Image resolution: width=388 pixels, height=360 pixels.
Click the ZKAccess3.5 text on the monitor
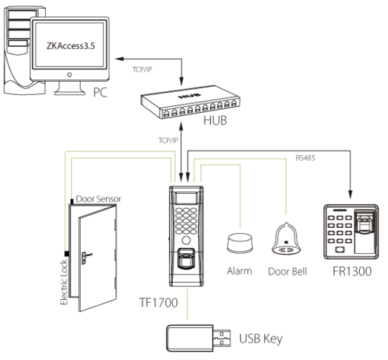click(x=70, y=46)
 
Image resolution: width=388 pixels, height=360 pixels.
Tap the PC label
click(x=100, y=92)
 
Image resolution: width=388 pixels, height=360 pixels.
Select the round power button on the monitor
click(x=70, y=74)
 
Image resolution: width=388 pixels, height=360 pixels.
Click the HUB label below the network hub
click(x=215, y=120)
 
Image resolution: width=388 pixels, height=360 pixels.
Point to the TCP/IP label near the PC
click(x=142, y=70)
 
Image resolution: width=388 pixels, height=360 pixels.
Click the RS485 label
click(x=306, y=157)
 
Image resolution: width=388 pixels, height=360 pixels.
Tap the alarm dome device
click(x=240, y=243)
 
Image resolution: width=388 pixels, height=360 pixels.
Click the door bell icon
click(x=286, y=239)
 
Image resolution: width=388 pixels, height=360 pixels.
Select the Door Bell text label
click(x=287, y=272)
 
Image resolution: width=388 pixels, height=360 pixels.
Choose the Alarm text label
click(x=240, y=271)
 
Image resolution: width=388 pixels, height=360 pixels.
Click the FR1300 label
click(x=352, y=271)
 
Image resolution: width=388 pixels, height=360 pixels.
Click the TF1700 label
click(x=158, y=302)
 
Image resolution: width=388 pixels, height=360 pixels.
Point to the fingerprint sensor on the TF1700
click(x=186, y=258)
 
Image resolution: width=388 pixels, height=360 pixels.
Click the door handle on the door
click(x=85, y=257)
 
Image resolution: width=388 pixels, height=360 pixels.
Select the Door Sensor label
click(x=99, y=199)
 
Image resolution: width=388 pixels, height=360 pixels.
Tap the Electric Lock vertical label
click(x=64, y=282)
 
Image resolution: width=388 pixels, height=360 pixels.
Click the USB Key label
click(x=261, y=338)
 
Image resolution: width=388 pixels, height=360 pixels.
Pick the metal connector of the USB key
click(x=222, y=338)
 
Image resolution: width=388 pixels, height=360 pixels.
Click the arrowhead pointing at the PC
click(x=119, y=59)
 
